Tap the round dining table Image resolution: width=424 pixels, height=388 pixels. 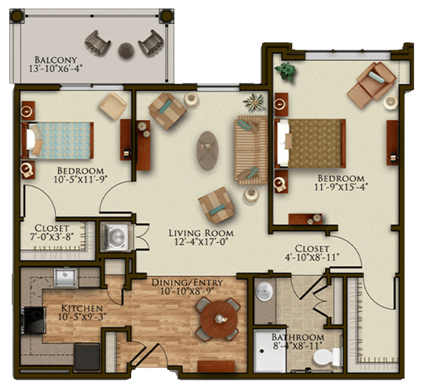[219, 319]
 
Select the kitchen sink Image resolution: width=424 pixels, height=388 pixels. [65, 277]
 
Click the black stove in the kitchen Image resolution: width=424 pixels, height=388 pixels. [34, 320]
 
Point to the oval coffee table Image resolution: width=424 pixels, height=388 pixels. [207, 151]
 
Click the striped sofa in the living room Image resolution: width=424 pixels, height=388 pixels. [250, 150]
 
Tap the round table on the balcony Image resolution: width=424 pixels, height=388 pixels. [126, 50]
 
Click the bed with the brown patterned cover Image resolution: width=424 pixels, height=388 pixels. [310, 143]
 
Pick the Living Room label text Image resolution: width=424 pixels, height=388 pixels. [201, 233]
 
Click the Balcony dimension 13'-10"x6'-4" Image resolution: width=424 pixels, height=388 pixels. [56, 68]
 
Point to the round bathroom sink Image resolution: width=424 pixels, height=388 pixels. [264, 291]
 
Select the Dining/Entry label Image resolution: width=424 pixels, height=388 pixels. [187, 283]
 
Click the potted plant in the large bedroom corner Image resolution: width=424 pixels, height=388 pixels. [285, 71]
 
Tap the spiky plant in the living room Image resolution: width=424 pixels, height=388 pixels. [254, 102]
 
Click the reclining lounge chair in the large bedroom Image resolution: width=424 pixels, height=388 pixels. [372, 84]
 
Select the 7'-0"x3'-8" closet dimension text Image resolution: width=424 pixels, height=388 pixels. [52, 236]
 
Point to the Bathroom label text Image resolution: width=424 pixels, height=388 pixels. [298, 337]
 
